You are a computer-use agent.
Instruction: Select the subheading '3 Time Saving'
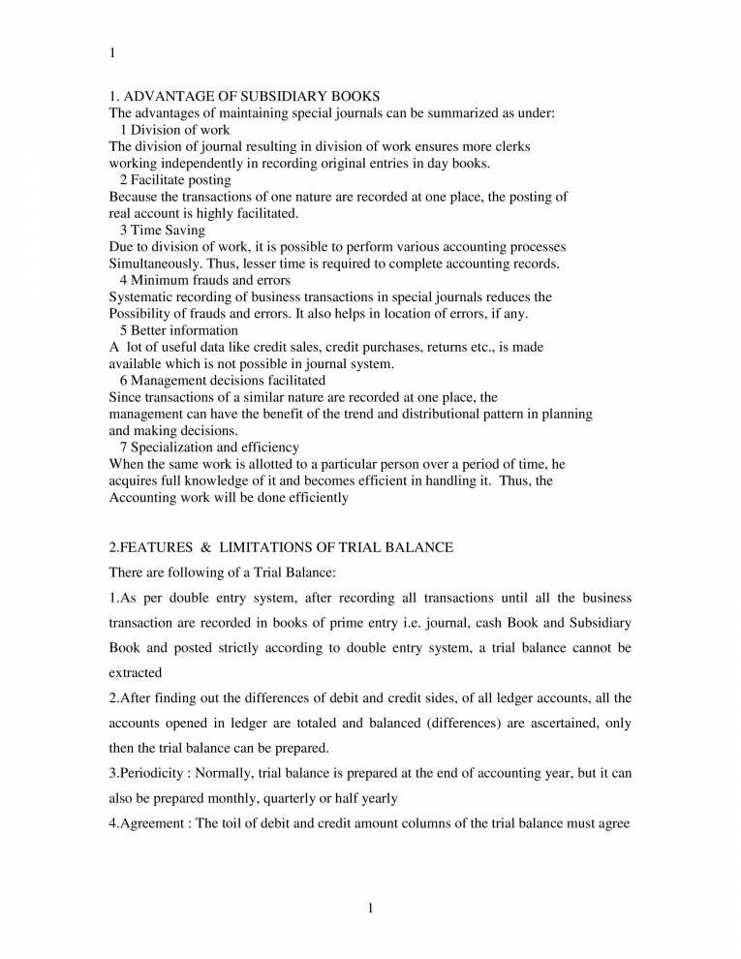click(162, 230)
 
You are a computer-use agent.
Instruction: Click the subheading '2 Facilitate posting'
click(174, 179)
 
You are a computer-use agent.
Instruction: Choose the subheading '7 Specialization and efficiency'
click(209, 447)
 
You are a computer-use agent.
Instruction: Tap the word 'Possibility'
click(142, 314)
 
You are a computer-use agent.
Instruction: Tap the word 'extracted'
click(136, 671)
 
